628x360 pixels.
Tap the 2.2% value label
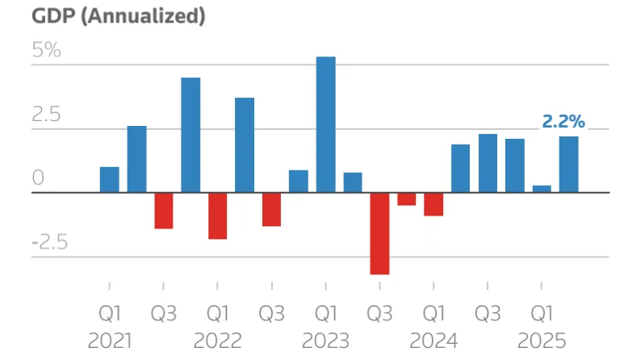[563, 122]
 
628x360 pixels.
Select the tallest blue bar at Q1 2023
[325, 125]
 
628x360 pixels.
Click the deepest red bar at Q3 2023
[379, 233]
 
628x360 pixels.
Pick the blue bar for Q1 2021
[110, 180]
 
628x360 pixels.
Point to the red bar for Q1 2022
[218, 216]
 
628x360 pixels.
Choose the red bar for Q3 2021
[164, 211]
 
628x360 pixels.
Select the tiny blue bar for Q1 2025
[542, 189]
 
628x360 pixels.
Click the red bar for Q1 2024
[433, 204]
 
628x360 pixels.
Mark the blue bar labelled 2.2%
[568, 165]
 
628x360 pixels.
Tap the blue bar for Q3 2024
[488, 163]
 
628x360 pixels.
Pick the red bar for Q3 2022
[271, 209]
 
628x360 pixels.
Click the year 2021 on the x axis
[110, 340]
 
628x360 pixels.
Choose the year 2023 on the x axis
[325, 340]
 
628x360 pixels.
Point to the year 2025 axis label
[542, 340]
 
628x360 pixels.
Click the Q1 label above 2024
[433, 312]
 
